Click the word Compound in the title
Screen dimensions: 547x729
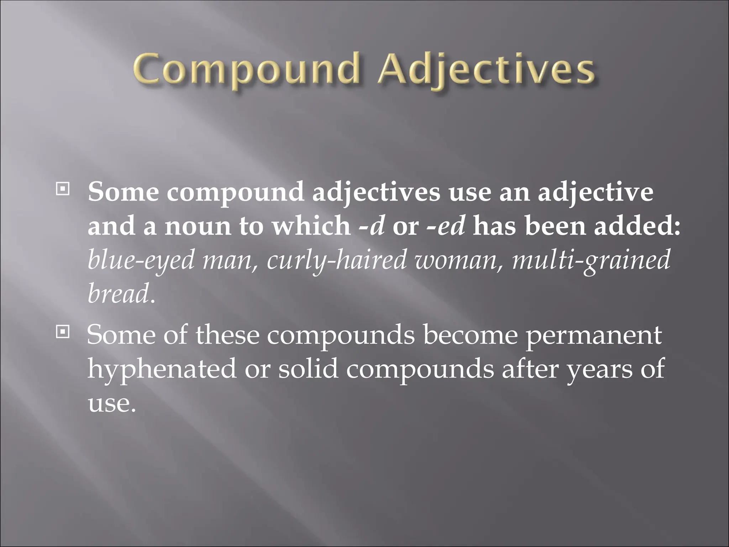pos(245,71)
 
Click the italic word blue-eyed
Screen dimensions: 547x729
pos(141,261)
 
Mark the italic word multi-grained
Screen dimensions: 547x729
pos(591,261)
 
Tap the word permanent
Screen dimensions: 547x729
pos(594,335)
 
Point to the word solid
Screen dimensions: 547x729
pos(308,369)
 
